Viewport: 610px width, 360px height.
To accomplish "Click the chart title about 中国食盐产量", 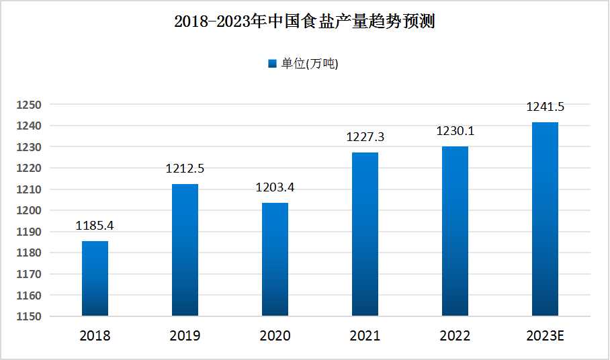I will point(304,21).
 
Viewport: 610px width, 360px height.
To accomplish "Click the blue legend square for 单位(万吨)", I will point(272,64).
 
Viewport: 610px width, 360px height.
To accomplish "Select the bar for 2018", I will point(95,278).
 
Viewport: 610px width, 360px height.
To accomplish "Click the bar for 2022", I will point(455,231).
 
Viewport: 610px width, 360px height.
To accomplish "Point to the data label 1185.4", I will point(95,226).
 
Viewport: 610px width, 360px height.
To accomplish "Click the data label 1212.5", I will point(185,169).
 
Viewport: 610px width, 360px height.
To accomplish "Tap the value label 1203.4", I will point(275,187).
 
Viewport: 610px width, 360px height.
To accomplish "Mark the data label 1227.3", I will point(365,137).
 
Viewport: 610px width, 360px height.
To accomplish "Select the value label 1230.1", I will point(455,131).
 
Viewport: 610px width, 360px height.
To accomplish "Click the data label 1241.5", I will point(545,107).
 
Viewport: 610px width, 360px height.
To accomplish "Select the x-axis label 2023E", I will point(545,336).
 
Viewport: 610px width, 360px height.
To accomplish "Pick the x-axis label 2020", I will point(275,336).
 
